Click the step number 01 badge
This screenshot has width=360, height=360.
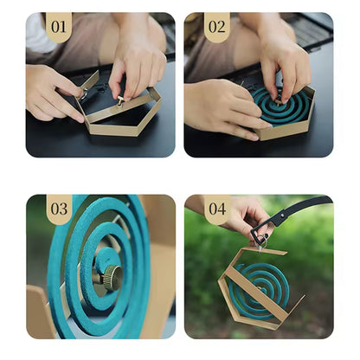pos(59,27)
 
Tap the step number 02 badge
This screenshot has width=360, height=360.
pos(217,27)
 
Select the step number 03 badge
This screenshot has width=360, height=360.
pos(59,209)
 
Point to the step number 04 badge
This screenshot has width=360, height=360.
pos(217,209)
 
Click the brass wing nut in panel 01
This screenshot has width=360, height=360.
pos(120,101)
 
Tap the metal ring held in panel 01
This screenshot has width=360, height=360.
pos(84,94)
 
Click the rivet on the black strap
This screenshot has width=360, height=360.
pos(283,215)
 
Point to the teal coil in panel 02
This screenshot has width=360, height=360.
pos(281,106)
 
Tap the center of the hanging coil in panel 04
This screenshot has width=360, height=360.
pos(259,289)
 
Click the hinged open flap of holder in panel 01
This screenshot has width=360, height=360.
pos(90,80)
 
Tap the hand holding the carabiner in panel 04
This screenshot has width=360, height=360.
pos(245,215)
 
